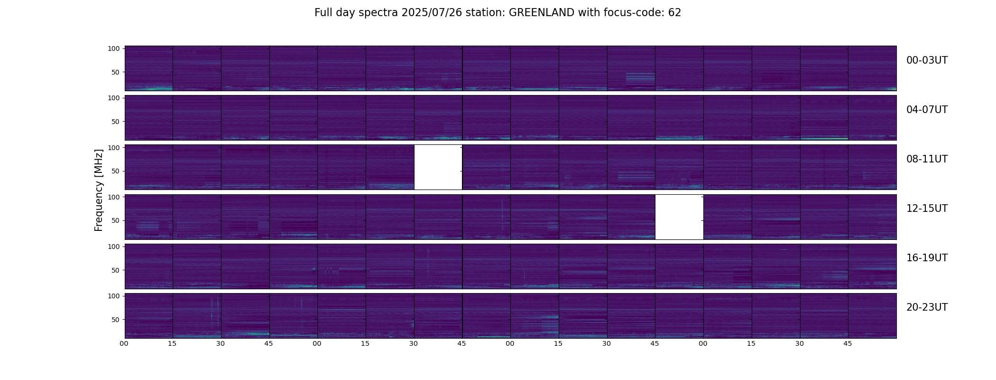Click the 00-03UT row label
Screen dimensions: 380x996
coord(927,60)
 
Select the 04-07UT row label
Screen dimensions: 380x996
coord(927,110)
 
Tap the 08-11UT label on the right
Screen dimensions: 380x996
coord(927,159)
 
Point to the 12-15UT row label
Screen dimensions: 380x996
coord(927,209)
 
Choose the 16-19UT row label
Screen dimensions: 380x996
coord(927,258)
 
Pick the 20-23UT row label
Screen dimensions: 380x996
coord(927,307)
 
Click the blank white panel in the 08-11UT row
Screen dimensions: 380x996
coord(438,167)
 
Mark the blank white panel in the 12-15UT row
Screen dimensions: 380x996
coord(679,217)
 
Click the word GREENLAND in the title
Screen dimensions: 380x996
coord(541,13)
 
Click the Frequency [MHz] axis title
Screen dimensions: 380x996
coord(99,190)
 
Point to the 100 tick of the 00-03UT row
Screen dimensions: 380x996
coord(114,48)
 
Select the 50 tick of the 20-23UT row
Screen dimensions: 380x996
coord(116,320)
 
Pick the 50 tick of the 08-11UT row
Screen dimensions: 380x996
coord(116,171)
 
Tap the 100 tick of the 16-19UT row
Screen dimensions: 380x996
coord(114,247)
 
